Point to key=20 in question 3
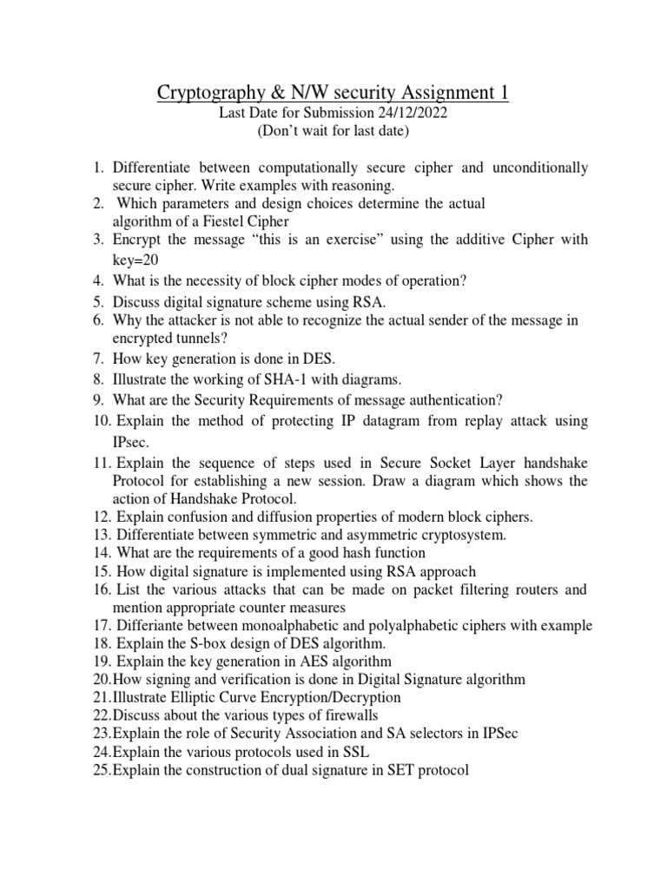click(x=135, y=260)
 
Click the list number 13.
click(x=102, y=536)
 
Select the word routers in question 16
click(x=532, y=590)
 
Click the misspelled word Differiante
click(x=151, y=625)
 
